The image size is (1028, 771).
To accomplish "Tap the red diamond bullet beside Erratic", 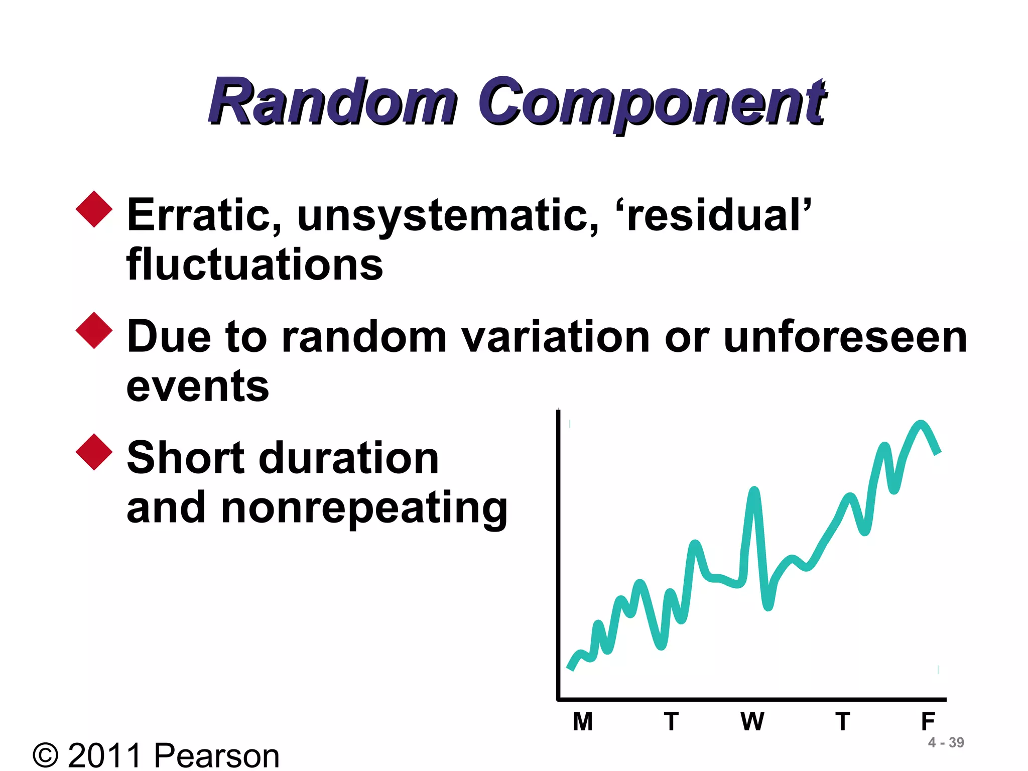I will pos(94,209).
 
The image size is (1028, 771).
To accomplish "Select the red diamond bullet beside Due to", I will pos(94,330).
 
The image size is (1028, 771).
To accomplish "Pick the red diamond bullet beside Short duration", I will pos(94,452).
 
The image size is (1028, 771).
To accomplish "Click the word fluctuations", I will pos(254,265).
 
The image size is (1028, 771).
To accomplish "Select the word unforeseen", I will pos(845,337).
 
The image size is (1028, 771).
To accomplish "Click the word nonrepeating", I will pos(364,508).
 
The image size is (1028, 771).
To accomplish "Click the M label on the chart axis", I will pos(583,722).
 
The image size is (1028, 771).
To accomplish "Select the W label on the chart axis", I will pos(752,722).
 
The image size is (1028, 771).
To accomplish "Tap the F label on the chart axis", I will pos(928,722).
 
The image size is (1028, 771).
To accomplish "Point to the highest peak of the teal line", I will pos(921,424).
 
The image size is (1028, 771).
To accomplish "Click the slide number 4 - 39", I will pos(946,742).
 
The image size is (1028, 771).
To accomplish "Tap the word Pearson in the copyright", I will pos(216,755).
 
